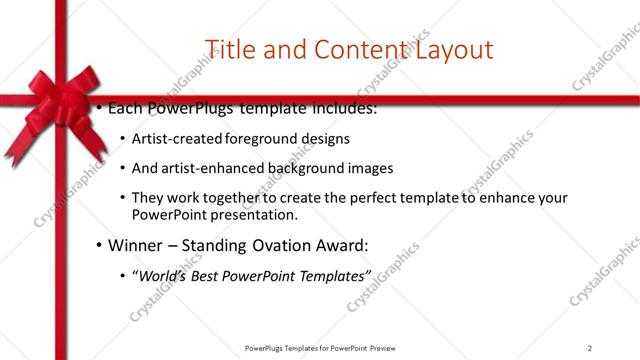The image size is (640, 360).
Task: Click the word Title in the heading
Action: pyautogui.click(x=229, y=49)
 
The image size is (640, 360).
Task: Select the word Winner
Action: pyautogui.click(x=132, y=244)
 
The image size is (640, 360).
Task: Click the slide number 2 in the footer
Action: pyautogui.click(x=590, y=347)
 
